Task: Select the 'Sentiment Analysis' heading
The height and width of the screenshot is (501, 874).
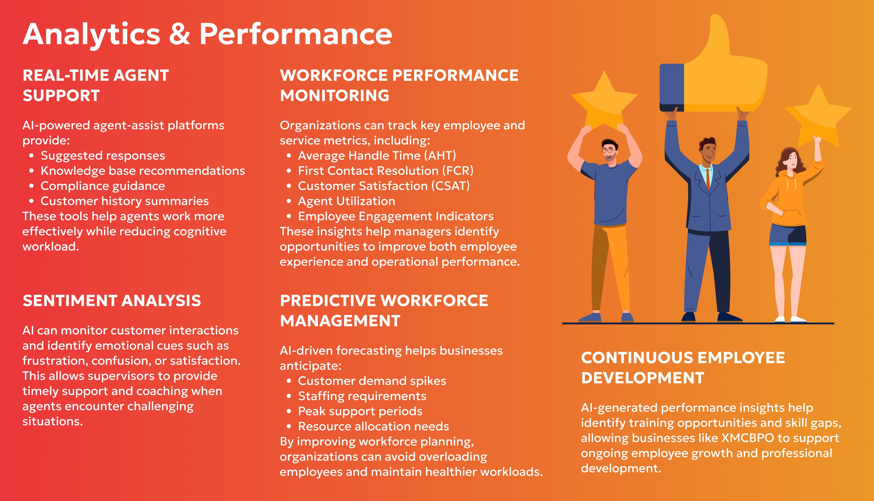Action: click(x=112, y=301)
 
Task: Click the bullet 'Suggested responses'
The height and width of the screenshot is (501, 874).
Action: click(x=103, y=156)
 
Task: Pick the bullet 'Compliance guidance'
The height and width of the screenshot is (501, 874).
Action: click(x=103, y=186)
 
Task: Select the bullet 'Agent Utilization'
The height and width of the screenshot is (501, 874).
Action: click(x=346, y=201)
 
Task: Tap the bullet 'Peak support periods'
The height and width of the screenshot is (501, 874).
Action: click(x=360, y=411)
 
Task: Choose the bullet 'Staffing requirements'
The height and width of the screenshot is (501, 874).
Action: click(x=362, y=396)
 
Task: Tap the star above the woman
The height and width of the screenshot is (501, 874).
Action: click(x=819, y=117)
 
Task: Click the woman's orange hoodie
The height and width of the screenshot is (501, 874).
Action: click(x=789, y=196)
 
